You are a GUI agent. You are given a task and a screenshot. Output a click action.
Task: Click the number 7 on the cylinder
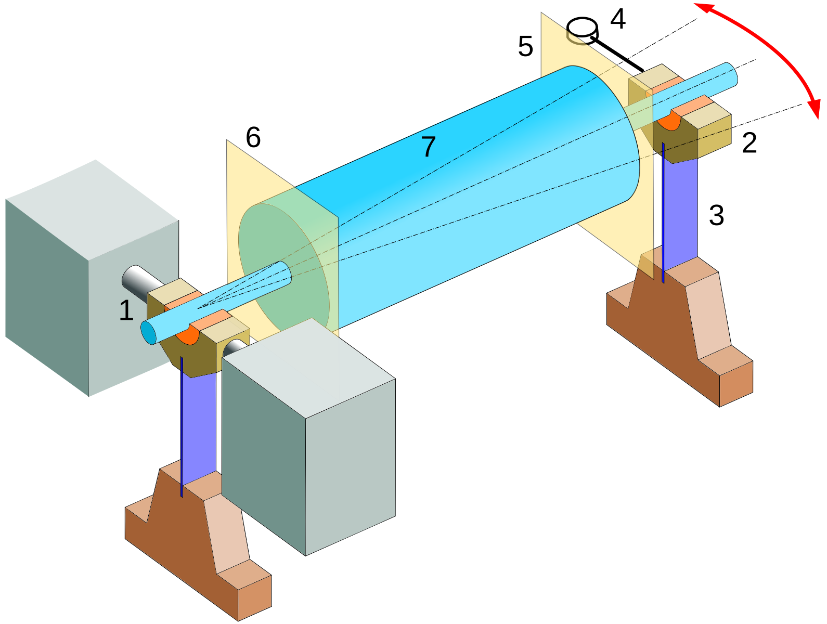[x=428, y=147]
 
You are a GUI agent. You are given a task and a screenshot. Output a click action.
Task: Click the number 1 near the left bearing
[x=126, y=310]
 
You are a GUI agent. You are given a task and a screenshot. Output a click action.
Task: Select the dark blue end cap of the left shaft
[x=149, y=333]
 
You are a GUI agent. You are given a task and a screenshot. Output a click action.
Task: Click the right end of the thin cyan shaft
[x=730, y=74]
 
